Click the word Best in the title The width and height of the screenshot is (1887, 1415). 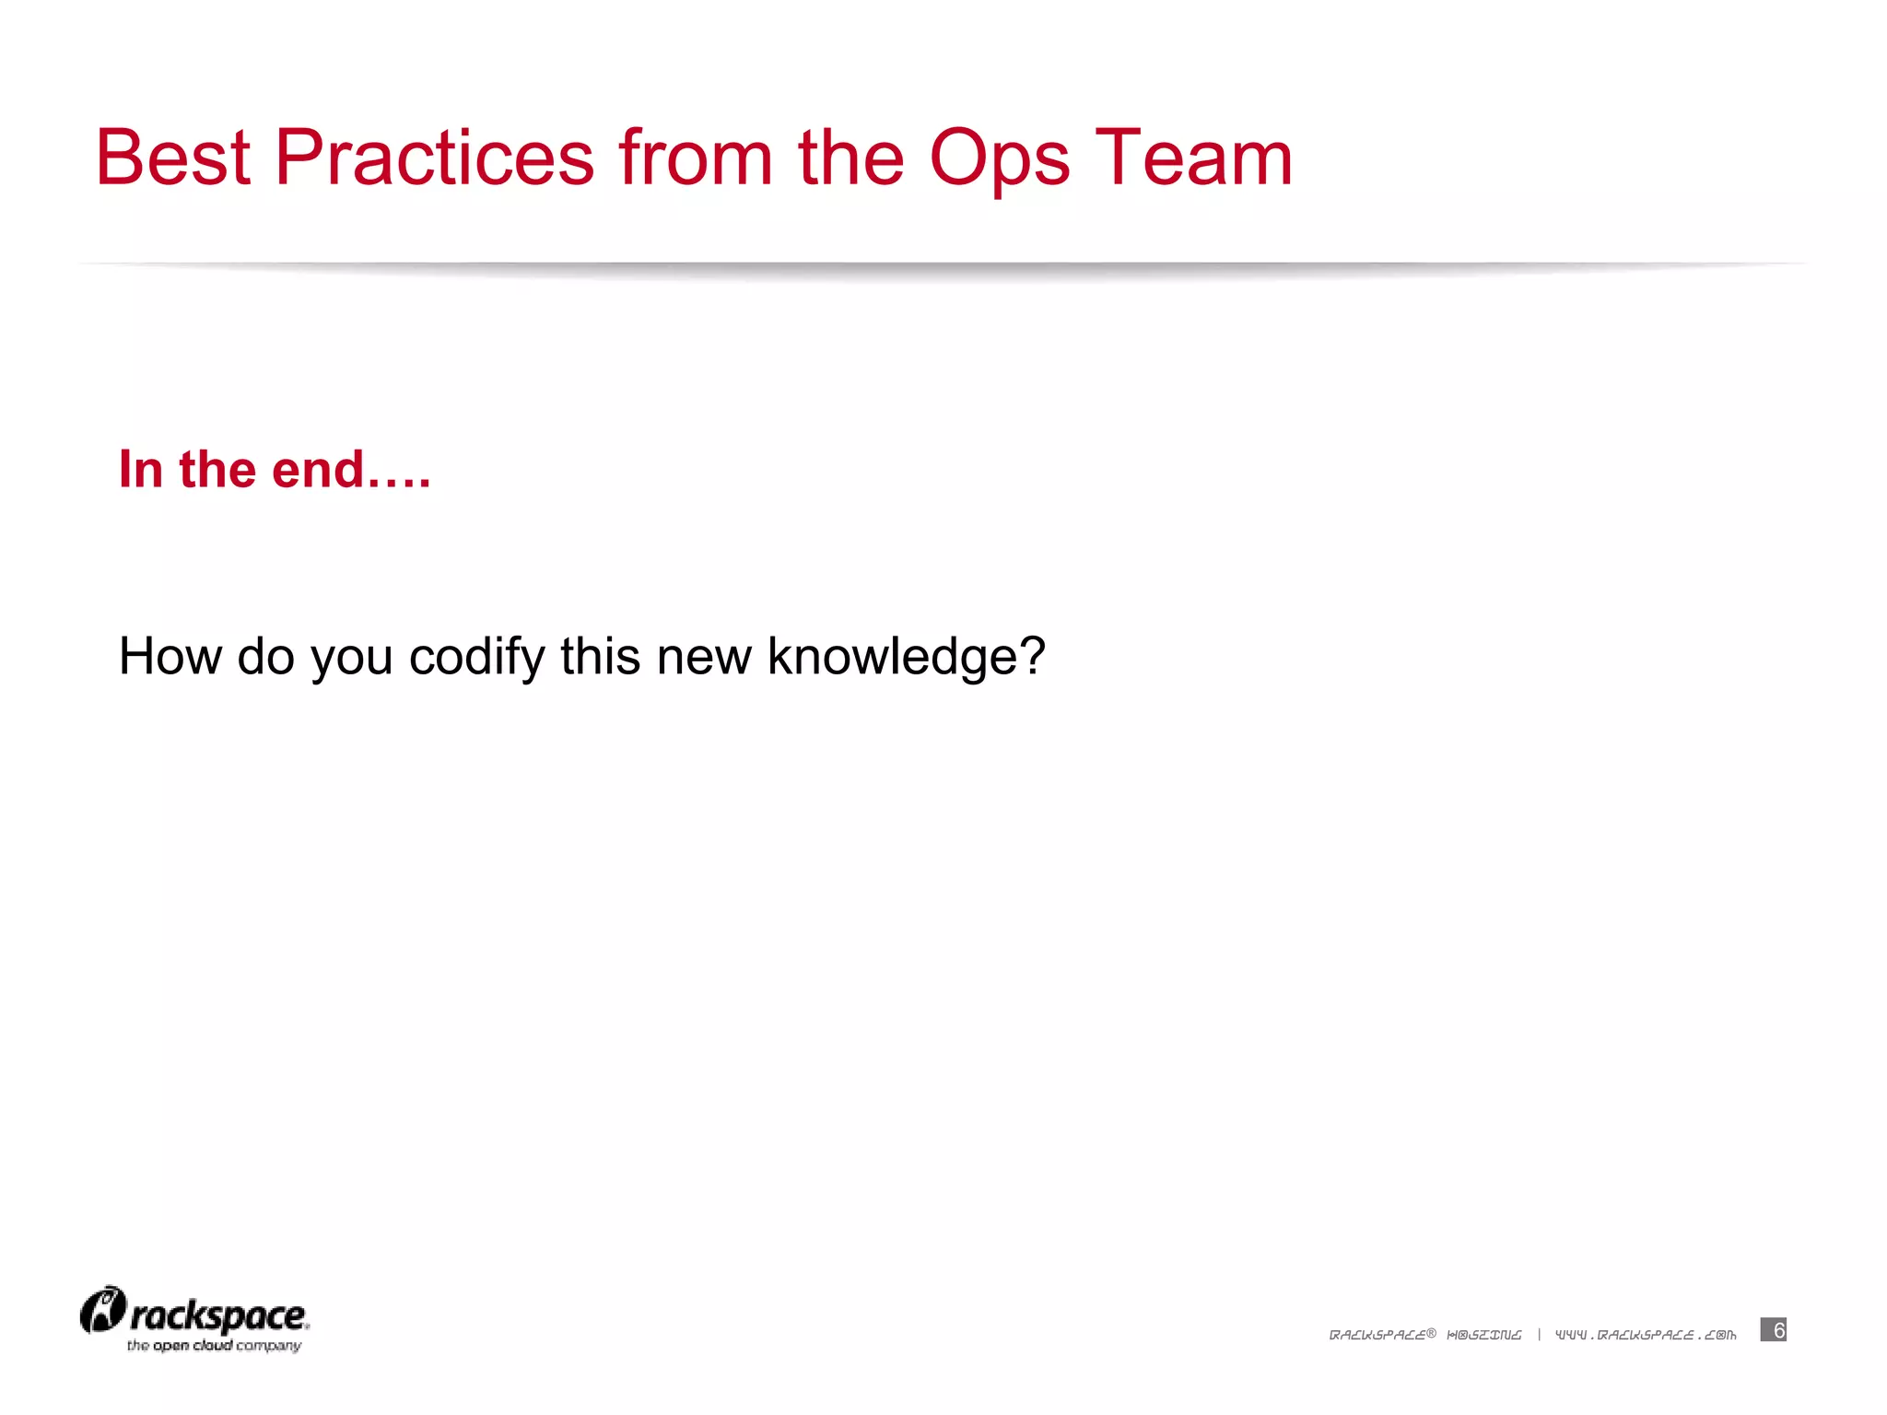[x=173, y=158]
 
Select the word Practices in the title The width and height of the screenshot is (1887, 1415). [x=434, y=158]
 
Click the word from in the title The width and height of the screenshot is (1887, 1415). [x=696, y=158]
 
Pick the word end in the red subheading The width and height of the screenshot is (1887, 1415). [x=318, y=470]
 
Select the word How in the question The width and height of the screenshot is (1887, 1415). [x=170, y=657]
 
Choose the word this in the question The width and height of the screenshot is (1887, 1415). [x=600, y=657]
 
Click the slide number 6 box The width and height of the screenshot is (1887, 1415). [x=1773, y=1329]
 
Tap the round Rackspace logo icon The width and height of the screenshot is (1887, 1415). [x=102, y=1310]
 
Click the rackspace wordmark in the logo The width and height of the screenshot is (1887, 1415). [x=218, y=1316]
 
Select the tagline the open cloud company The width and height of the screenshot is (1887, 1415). [x=214, y=1346]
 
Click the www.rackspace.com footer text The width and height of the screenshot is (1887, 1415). [x=1646, y=1335]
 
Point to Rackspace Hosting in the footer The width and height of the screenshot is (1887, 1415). [x=1424, y=1335]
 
